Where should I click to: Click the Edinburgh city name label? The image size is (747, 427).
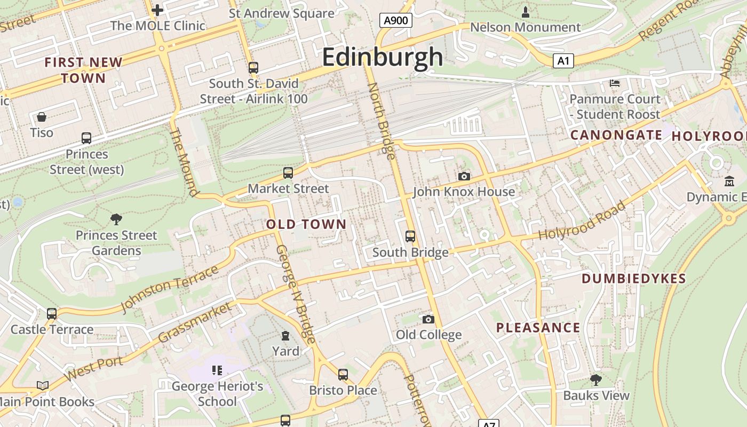click(x=383, y=57)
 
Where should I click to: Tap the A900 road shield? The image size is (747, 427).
click(x=396, y=21)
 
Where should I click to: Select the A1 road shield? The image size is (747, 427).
click(x=563, y=61)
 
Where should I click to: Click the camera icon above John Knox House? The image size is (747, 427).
click(x=464, y=176)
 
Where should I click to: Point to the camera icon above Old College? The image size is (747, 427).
click(x=428, y=319)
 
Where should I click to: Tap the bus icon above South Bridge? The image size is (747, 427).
click(x=410, y=236)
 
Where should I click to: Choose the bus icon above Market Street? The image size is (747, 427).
click(x=288, y=172)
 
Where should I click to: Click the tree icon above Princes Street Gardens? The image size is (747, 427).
click(x=116, y=219)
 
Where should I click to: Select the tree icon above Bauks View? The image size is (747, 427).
click(x=596, y=379)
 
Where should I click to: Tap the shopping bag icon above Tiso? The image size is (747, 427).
click(x=42, y=116)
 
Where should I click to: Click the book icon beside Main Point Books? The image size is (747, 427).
click(x=43, y=385)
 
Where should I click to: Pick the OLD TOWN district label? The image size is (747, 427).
click(x=306, y=224)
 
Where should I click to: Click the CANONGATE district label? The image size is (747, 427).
click(x=616, y=135)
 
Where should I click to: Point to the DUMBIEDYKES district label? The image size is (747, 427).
click(x=633, y=279)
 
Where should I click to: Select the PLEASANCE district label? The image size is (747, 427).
click(x=538, y=328)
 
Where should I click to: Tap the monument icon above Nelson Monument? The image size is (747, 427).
click(x=526, y=12)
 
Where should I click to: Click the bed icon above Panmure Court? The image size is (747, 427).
click(x=615, y=83)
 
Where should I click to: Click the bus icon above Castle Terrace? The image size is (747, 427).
click(x=52, y=313)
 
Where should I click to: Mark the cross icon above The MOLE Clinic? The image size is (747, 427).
click(x=157, y=10)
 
